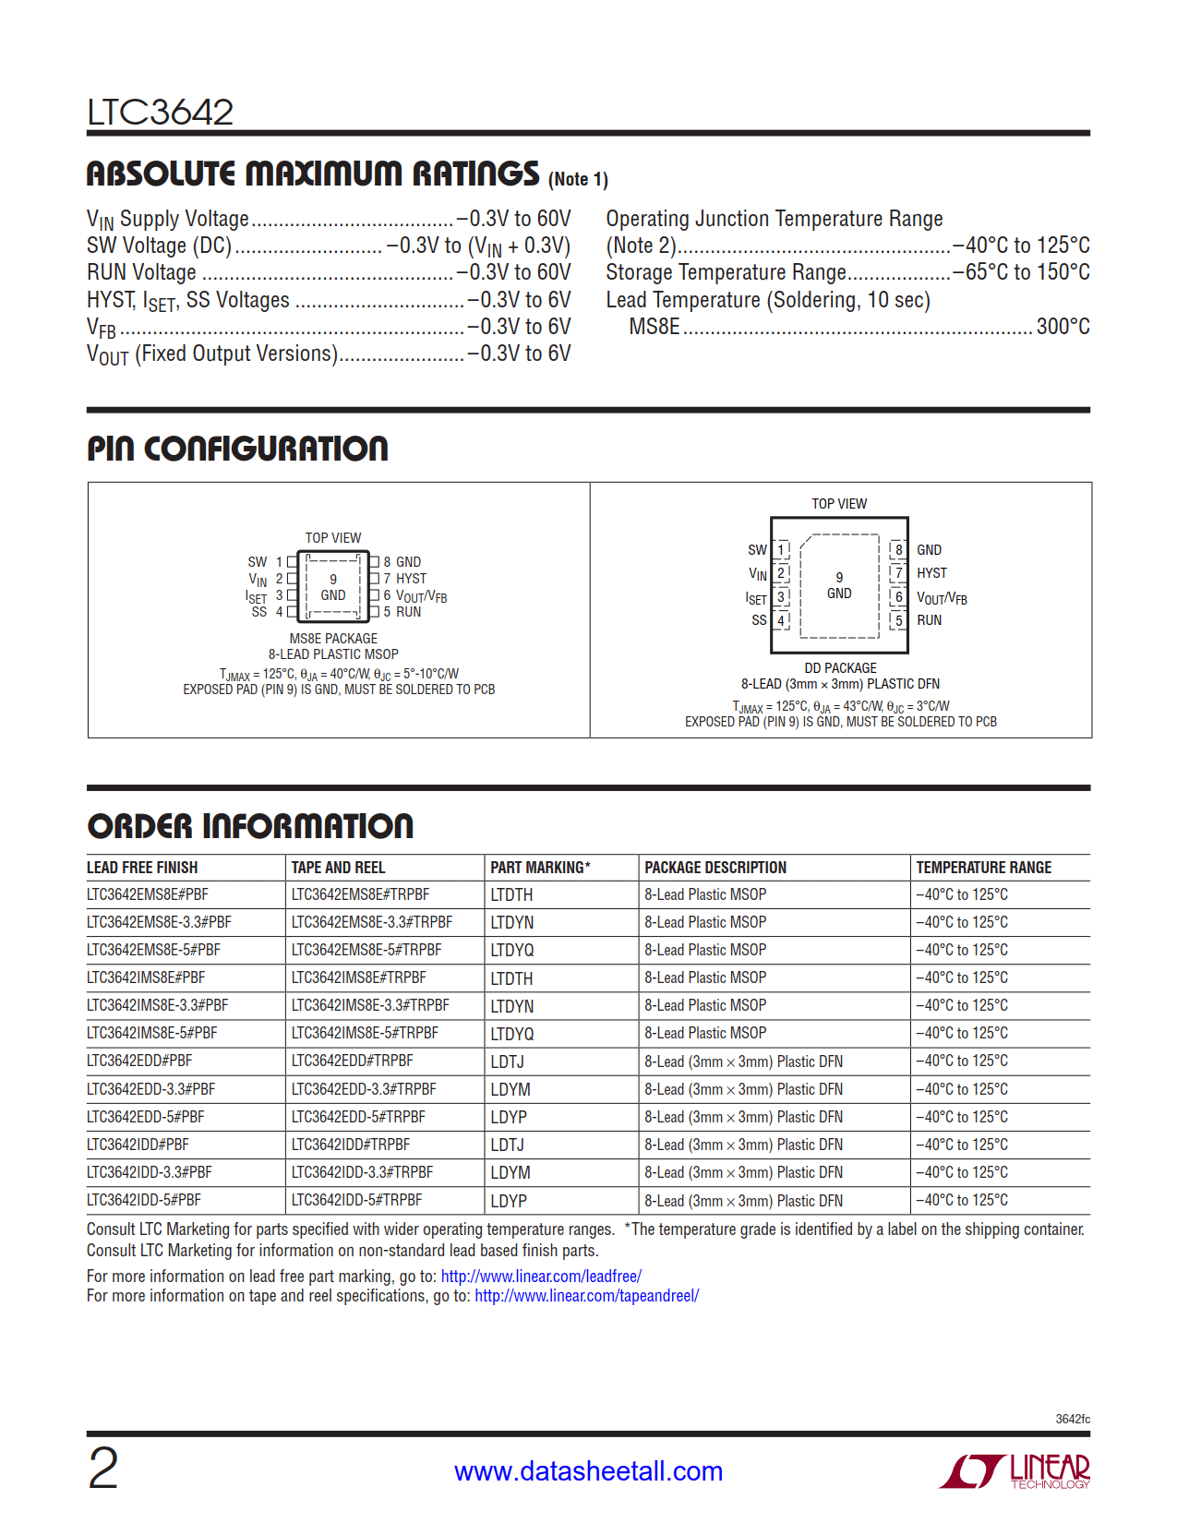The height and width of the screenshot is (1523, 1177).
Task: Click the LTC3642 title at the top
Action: click(160, 113)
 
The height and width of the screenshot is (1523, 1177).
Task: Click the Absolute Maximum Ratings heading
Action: click(312, 174)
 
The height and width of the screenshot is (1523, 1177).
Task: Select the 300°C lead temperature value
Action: click(1063, 327)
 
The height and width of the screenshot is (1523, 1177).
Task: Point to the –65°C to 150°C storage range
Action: click(1021, 272)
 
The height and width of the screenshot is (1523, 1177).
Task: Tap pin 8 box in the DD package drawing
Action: click(898, 550)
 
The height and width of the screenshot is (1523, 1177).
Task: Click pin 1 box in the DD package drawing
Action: click(781, 550)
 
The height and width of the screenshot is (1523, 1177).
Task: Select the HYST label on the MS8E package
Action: click(412, 579)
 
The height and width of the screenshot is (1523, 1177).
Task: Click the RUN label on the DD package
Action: click(929, 620)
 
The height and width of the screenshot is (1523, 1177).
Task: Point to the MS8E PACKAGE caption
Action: click(333, 639)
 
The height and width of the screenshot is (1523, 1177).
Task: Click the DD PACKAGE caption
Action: click(840, 668)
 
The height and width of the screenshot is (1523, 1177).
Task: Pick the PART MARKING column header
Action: click(540, 868)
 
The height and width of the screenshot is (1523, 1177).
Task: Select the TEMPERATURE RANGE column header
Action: click(983, 868)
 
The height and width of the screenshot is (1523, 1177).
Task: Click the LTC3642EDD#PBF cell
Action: click(139, 1061)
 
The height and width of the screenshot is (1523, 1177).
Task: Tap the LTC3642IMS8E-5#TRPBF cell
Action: click(365, 1033)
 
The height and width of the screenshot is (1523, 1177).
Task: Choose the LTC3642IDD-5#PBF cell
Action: click(143, 1200)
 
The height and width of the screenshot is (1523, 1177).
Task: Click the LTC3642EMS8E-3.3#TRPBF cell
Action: click(372, 922)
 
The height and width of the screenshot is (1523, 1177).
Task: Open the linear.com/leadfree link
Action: click(541, 1277)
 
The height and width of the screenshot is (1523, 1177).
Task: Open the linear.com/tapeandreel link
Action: click(586, 1296)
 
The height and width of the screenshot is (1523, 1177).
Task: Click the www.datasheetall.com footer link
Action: click(588, 1471)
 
